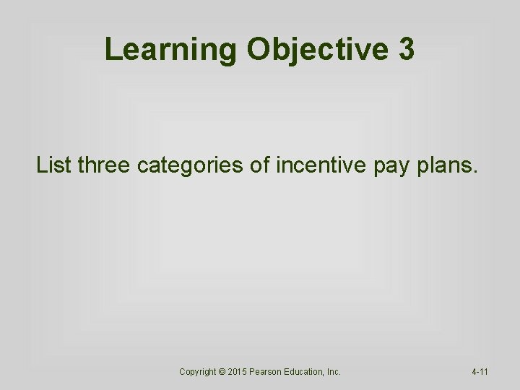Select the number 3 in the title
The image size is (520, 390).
coord(406,50)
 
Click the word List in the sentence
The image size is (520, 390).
coord(54,166)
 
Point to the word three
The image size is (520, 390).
coord(105,166)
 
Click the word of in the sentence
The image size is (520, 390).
coord(259,166)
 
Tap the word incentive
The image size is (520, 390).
coord(320,166)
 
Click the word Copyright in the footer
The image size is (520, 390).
coord(198,372)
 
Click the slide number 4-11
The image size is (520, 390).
coord(480,372)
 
